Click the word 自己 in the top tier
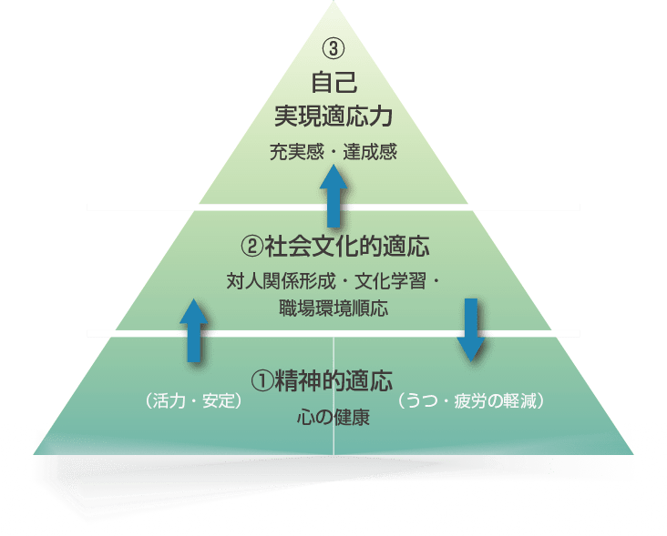333,83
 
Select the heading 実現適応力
333,116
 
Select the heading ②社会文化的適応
333,246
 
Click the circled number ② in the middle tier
251,246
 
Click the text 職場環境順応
333,308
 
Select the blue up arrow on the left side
192,330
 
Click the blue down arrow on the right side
471,329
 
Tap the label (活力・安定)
192,401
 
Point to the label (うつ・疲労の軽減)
472,401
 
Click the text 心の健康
333,420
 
